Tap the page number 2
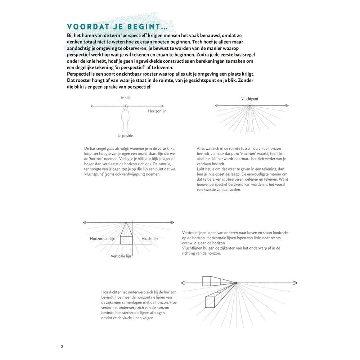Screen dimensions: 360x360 (x=62, y=347)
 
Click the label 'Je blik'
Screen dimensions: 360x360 (x=125, y=98)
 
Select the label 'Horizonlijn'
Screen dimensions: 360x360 (x=157, y=111)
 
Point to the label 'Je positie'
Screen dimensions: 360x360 (x=125, y=136)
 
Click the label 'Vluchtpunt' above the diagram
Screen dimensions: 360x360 (x=249, y=99)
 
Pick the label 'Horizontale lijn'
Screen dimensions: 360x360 (x=103, y=239)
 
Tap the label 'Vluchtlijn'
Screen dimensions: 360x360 (x=149, y=239)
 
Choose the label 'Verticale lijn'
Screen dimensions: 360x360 (x=121, y=256)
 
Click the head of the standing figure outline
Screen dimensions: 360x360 (x=125, y=107)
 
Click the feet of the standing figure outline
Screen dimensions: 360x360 (x=125, y=131)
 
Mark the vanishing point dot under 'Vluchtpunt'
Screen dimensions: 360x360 (x=249, y=105)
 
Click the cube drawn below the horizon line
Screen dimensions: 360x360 (x=212, y=300)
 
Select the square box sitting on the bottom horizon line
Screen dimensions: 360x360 (x=207, y=281)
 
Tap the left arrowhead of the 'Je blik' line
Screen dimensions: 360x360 (x=92, y=106)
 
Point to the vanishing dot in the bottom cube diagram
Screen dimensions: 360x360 (x=236, y=283)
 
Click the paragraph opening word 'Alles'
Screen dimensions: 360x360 (x=202, y=148)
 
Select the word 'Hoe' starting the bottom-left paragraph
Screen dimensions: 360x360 (x=105, y=292)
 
